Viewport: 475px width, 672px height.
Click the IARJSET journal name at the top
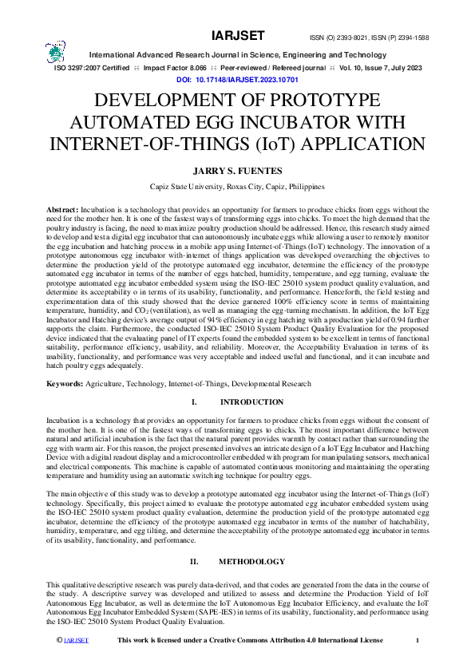[237, 36]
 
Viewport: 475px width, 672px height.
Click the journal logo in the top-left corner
[56, 53]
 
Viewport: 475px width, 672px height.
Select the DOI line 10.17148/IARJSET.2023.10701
[237, 81]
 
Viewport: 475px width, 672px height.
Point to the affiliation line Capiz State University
[237, 187]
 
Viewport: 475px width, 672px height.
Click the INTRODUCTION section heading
[251, 401]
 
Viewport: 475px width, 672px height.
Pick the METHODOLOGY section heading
[251, 562]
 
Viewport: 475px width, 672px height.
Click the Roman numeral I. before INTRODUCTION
[195, 401]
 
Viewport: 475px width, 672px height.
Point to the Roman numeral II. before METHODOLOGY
[195, 562]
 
